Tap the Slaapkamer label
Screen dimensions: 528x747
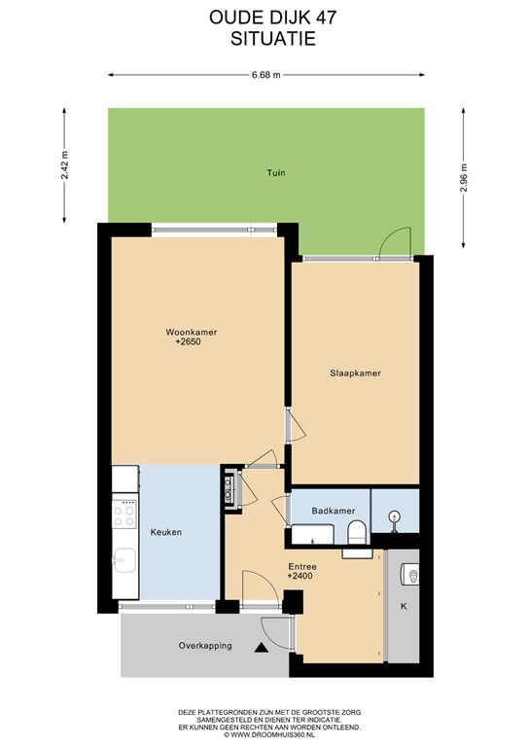[x=355, y=373]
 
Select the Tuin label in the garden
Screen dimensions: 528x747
[x=276, y=172]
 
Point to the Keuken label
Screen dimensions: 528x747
[x=166, y=532]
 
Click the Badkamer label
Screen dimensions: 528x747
[x=334, y=511]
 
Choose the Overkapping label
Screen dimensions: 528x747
[x=205, y=646]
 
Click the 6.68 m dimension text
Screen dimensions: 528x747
[x=266, y=75]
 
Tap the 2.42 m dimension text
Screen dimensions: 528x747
[x=65, y=164]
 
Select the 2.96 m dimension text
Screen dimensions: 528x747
[x=463, y=178]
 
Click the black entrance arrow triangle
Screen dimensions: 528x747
[x=260, y=648]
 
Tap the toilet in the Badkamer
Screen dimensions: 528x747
[x=357, y=532]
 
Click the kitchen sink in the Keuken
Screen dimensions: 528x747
[x=123, y=560]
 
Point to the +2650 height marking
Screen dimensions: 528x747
[x=188, y=341]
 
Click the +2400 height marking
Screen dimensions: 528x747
[x=299, y=576]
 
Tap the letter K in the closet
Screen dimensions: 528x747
[x=404, y=607]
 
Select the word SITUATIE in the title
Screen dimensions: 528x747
[x=273, y=39]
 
